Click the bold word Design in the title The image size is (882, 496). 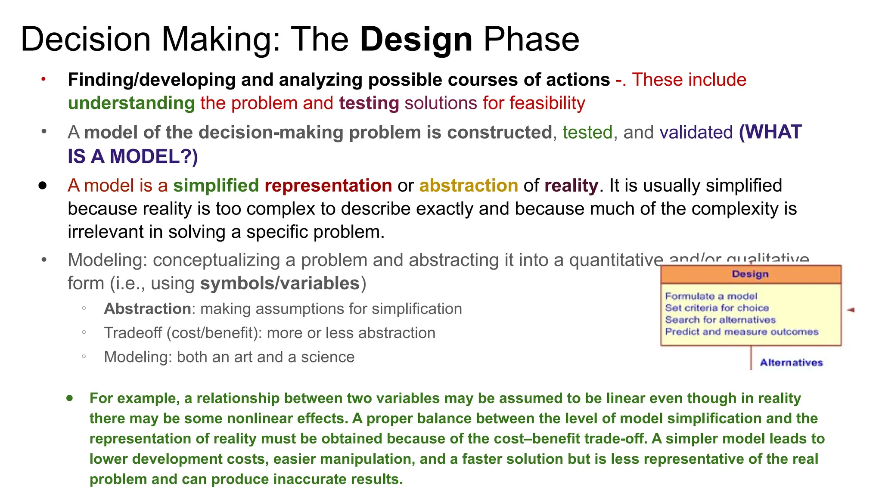(416, 40)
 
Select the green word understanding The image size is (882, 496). (131, 103)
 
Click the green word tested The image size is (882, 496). (587, 132)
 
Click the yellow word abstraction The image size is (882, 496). (469, 186)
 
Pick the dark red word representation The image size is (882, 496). (328, 186)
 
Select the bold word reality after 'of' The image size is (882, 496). (571, 186)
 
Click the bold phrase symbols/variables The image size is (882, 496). (280, 283)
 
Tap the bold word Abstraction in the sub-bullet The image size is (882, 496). (147, 309)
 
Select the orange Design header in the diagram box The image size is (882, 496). (750, 274)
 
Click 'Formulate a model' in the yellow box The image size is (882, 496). (711, 296)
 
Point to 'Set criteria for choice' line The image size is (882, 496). (717, 308)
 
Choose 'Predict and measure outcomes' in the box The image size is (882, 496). (741, 332)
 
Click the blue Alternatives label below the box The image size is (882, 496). (791, 363)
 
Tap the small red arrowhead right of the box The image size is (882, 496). (851, 310)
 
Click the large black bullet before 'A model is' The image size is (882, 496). (43, 186)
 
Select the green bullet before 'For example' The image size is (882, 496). (70, 398)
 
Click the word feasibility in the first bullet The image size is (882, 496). (547, 103)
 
